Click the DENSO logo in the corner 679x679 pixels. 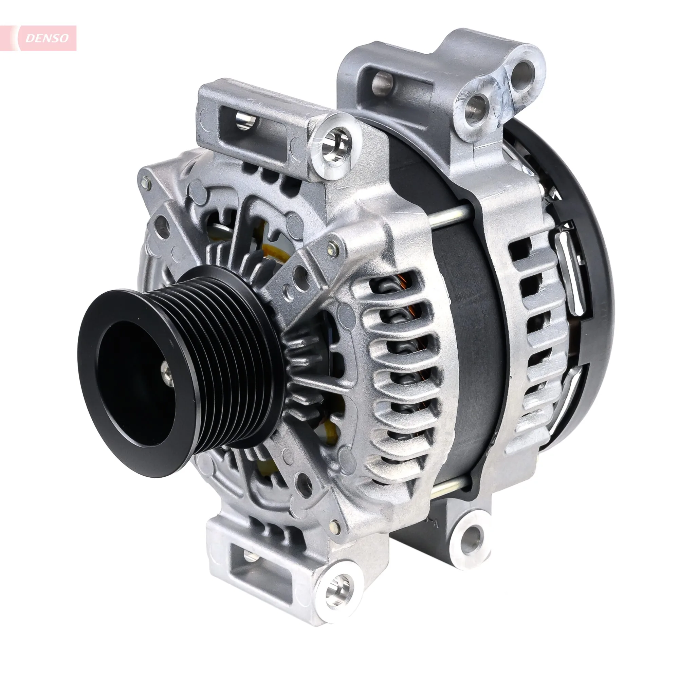coord(47,38)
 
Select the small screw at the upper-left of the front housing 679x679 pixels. coord(145,182)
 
